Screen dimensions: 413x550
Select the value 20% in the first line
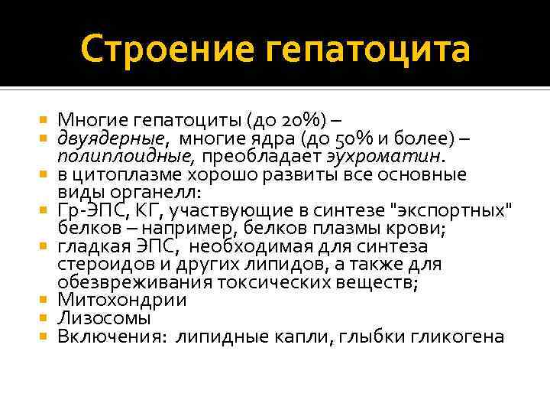point(302,120)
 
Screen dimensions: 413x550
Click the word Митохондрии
point(123,301)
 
